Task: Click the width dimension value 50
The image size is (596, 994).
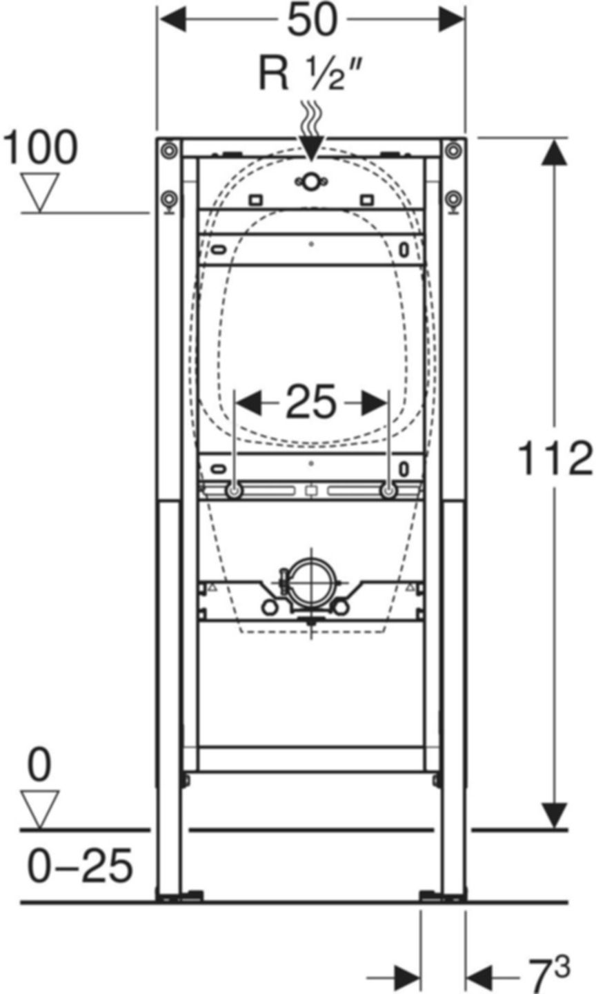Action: click(312, 21)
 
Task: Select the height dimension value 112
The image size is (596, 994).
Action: click(555, 459)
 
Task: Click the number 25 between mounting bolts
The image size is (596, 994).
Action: click(311, 402)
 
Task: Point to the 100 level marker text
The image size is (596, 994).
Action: click(41, 148)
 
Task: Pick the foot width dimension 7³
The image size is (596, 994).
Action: click(549, 973)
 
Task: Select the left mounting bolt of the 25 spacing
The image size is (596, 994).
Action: click(235, 491)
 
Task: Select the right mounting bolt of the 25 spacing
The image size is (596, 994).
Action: click(389, 491)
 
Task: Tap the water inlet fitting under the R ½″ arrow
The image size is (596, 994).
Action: click(310, 182)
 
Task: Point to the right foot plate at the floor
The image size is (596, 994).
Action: click(443, 896)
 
